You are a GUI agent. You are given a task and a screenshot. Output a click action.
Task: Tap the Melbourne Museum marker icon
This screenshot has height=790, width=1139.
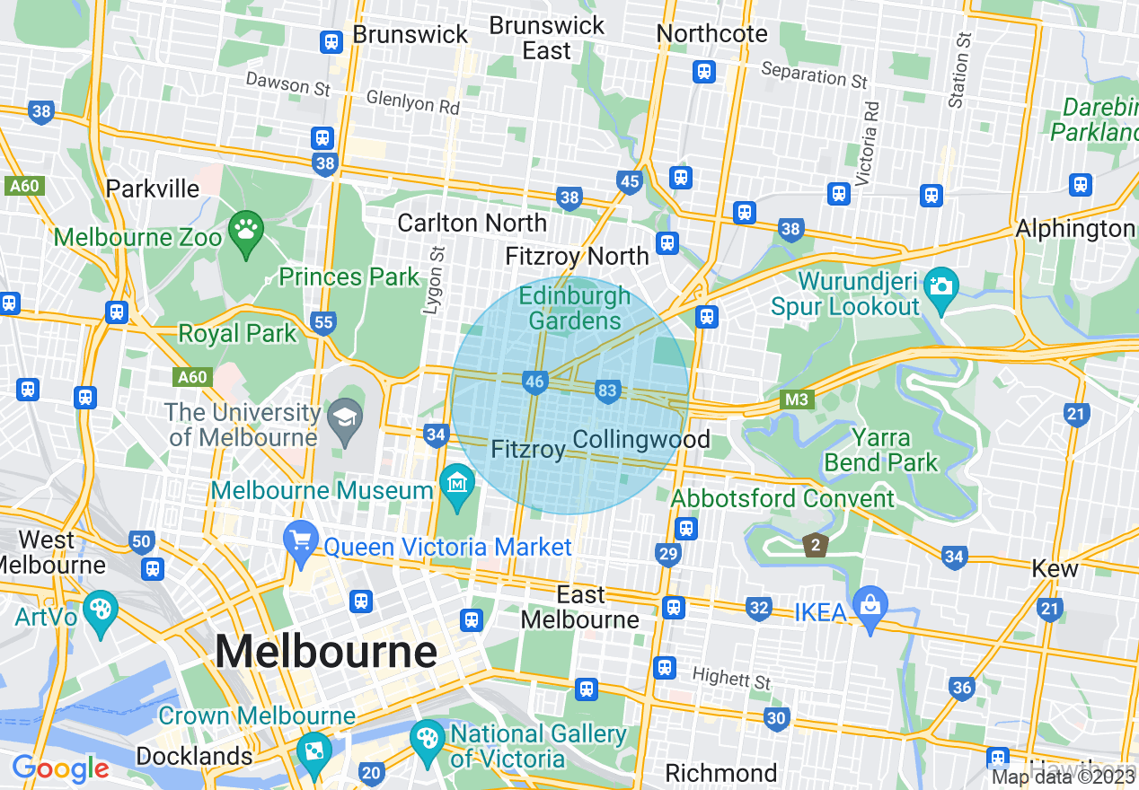point(458,484)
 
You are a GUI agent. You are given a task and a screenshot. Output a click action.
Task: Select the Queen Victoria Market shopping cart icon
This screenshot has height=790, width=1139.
point(300,541)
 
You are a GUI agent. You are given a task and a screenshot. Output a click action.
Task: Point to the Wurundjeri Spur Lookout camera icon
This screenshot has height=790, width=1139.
point(940,286)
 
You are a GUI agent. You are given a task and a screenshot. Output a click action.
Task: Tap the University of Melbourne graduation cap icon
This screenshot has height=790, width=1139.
point(344,417)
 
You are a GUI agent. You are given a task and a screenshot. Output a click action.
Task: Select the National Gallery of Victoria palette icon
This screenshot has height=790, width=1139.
point(427,738)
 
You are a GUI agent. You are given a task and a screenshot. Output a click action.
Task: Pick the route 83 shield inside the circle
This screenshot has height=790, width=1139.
point(608,391)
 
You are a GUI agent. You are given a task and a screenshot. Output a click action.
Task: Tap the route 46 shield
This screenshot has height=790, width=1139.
point(535,382)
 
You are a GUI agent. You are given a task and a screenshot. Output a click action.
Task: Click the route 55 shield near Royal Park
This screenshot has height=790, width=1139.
point(323,321)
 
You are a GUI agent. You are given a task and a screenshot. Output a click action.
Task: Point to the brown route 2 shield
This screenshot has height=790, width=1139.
point(815,544)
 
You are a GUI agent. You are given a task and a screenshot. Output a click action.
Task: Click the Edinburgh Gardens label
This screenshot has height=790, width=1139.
point(575,308)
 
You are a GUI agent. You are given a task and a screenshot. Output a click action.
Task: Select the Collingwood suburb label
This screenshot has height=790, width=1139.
point(640,440)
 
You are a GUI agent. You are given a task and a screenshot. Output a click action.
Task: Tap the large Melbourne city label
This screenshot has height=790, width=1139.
point(326,651)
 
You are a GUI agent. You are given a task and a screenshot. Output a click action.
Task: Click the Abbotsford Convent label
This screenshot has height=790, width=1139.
point(783,498)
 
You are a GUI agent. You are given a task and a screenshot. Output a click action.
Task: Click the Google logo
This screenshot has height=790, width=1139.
point(60,768)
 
